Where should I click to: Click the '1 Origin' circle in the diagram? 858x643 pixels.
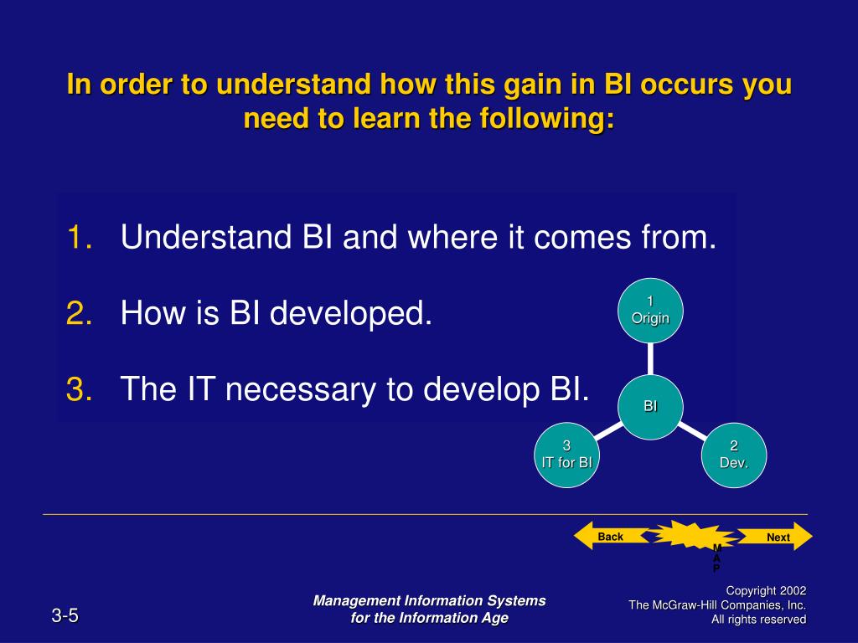click(x=651, y=310)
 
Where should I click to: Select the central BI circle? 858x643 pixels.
click(x=651, y=407)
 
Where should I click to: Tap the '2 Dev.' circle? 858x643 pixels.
click(x=734, y=455)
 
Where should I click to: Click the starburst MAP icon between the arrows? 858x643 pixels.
click(x=694, y=536)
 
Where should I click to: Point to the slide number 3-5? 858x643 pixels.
click(x=65, y=617)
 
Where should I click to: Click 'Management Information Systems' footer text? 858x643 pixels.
click(x=429, y=600)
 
